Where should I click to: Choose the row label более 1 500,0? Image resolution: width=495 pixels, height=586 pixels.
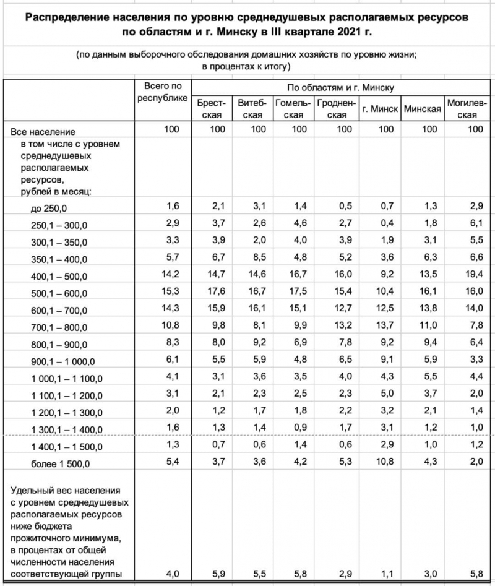click(x=59, y=463)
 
